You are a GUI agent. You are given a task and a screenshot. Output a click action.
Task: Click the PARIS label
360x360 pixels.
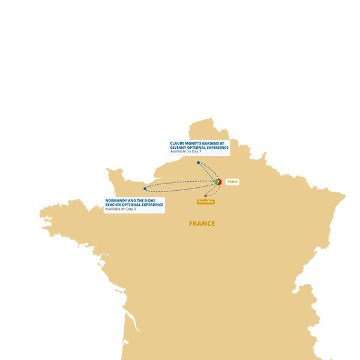[x=232, y=182]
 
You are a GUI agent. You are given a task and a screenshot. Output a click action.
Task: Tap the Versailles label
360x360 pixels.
[x=206, y=202]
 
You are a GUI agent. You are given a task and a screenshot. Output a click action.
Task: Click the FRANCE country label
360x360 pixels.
[x=202, y=224]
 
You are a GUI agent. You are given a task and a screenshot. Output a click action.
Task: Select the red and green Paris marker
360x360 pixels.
[x=218, y=182]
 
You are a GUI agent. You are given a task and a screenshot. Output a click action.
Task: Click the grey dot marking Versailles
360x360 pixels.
[x=206, y=196]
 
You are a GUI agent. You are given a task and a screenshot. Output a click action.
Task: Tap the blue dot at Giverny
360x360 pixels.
[x=198, y=163]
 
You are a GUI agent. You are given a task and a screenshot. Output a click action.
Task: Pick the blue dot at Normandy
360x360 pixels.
[x=145, y=188]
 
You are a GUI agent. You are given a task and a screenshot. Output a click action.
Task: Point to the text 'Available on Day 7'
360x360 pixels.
[x=185, y=152]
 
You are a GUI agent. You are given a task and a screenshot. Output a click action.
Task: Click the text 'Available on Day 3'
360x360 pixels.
[x=121, y=209]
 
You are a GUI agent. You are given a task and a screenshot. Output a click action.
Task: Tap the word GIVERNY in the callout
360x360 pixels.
[x=179, y=148]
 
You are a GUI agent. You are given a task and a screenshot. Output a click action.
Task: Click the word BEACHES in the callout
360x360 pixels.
[x=114, y=205]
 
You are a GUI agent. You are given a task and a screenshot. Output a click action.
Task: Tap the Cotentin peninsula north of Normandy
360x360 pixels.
[x=114, y=175]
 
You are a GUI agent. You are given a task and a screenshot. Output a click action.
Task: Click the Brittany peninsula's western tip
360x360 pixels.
[x=44, y=214]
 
